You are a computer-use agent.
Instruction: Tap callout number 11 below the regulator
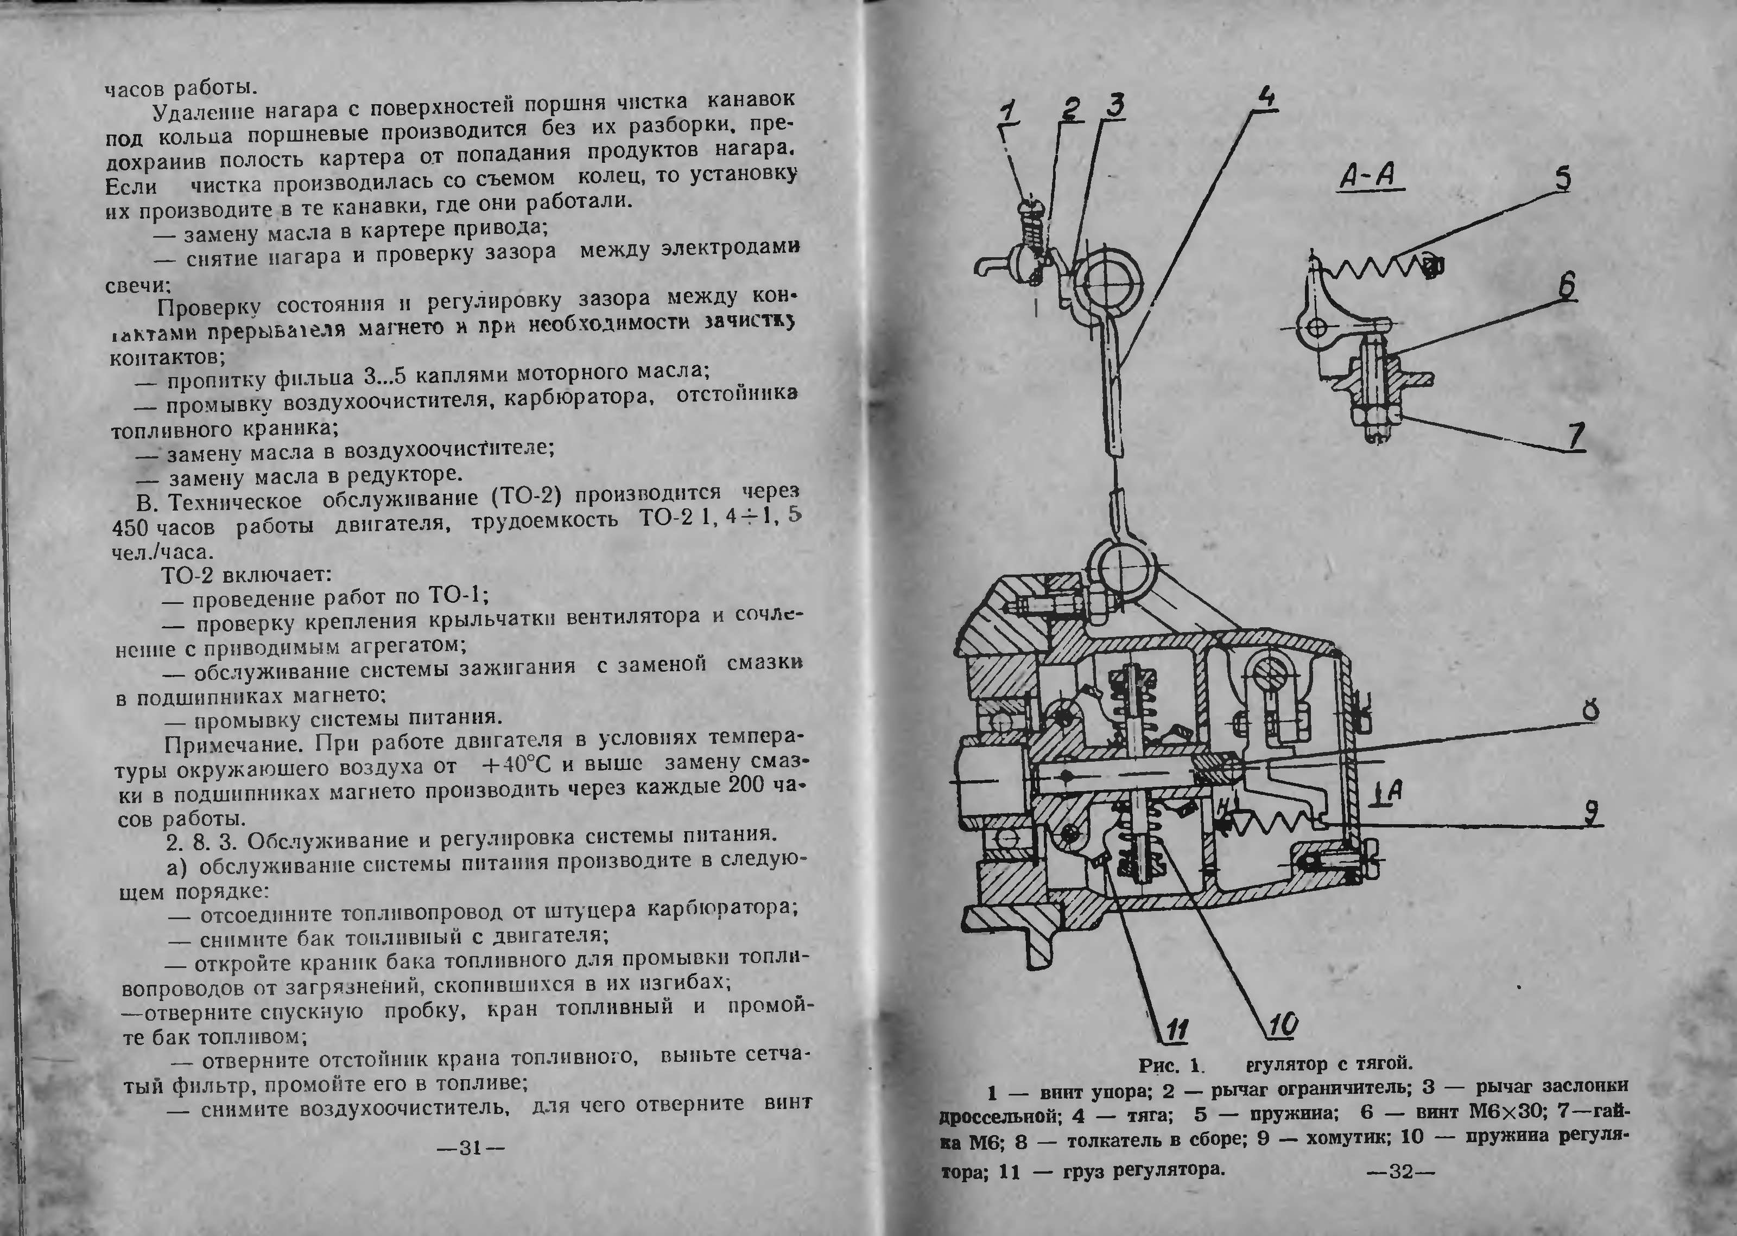click(1176, 1031)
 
